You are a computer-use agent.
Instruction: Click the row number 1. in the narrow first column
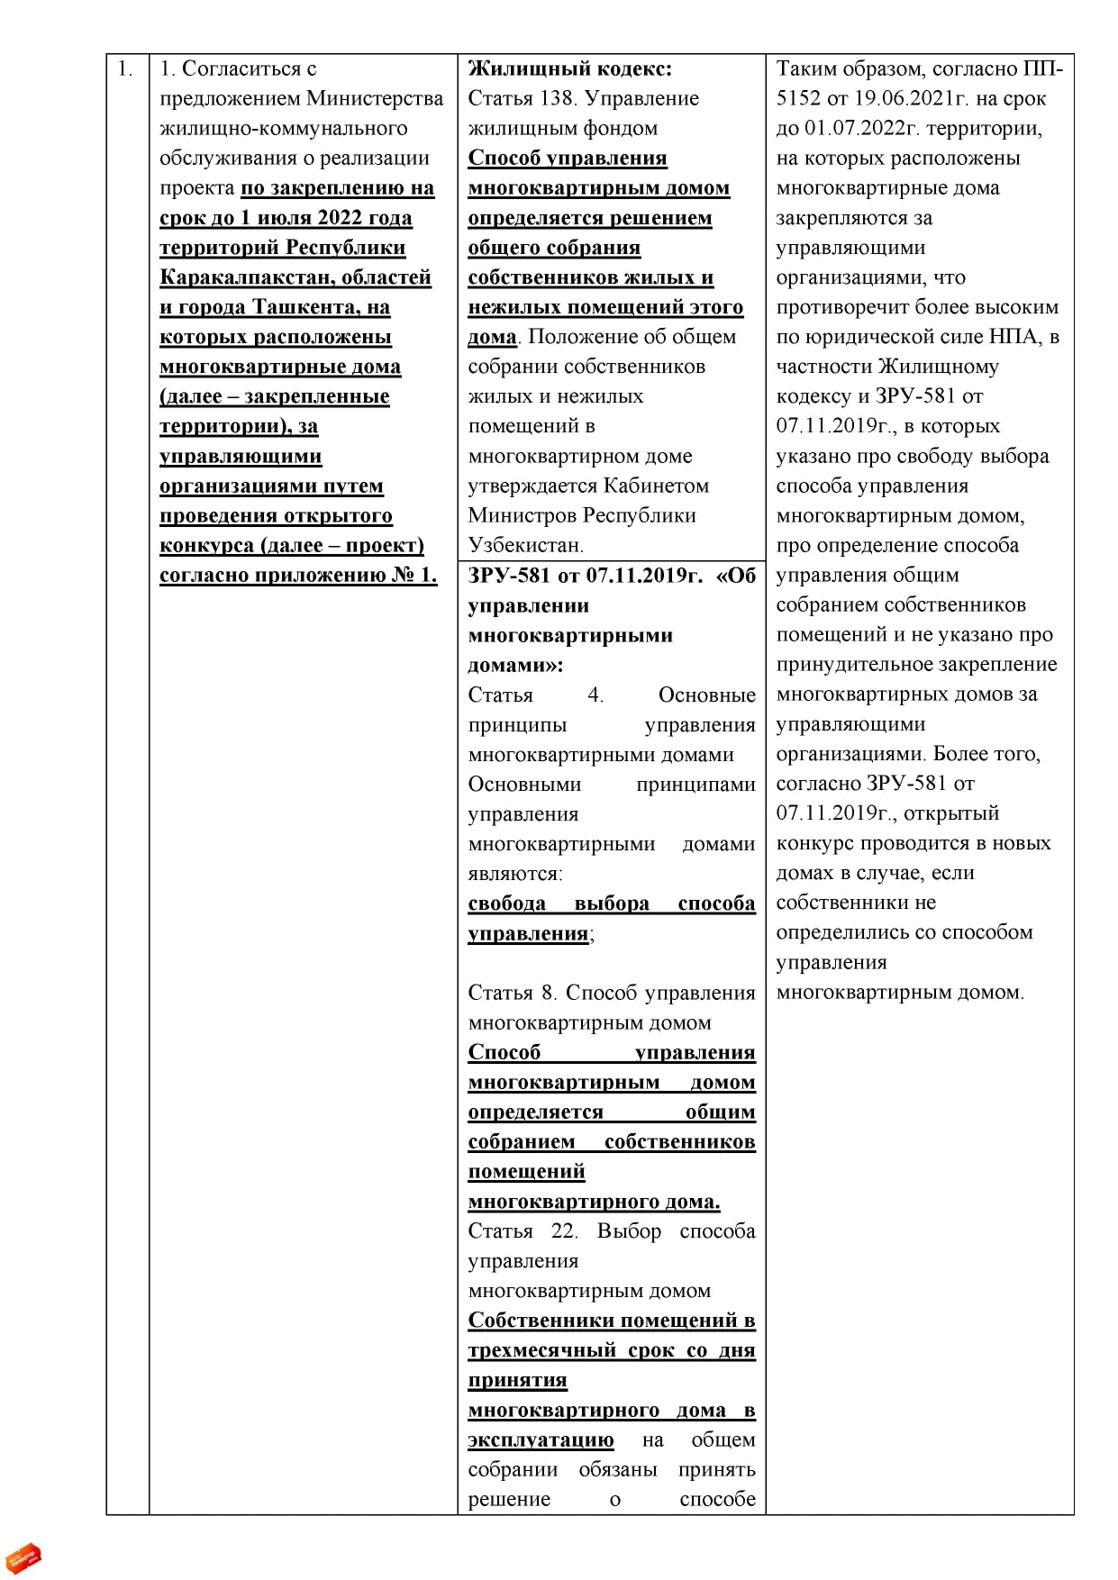coord(125,69)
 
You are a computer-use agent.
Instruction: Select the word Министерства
coord(375,98)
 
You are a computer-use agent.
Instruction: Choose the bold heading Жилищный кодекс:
coord(569,68)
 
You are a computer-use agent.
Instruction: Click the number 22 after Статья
coord(564,1230)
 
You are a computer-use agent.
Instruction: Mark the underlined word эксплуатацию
coord(541,1439)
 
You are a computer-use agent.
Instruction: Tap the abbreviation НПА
coord(1015,337)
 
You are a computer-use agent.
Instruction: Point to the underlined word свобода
coord(506,903)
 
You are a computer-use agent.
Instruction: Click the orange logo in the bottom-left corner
coord(23,1557)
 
